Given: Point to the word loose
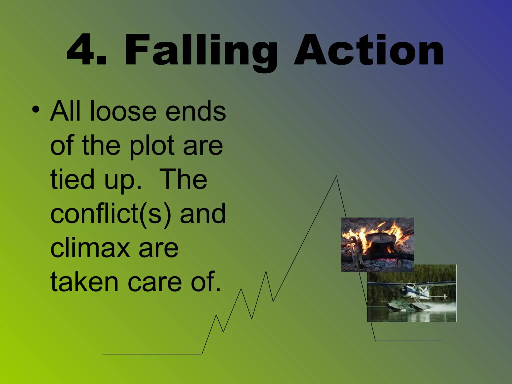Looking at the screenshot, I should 123,111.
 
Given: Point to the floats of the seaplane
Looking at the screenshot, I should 410,306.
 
